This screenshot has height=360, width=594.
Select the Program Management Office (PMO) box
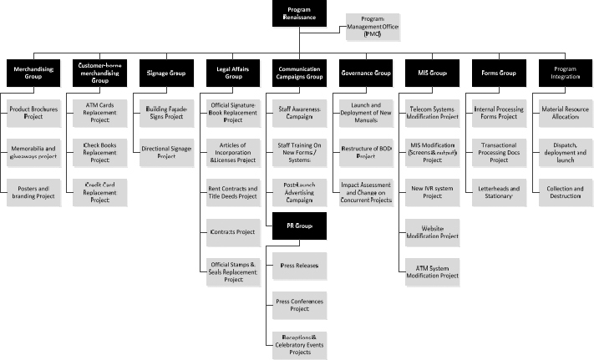(x=372, y=27)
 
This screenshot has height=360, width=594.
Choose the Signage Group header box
(x=165, y=74)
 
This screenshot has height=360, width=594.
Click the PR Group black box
(x=298, y=226)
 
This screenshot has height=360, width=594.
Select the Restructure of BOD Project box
(x=368, y=151)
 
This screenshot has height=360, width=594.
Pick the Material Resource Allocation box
(x=566, y=112)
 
